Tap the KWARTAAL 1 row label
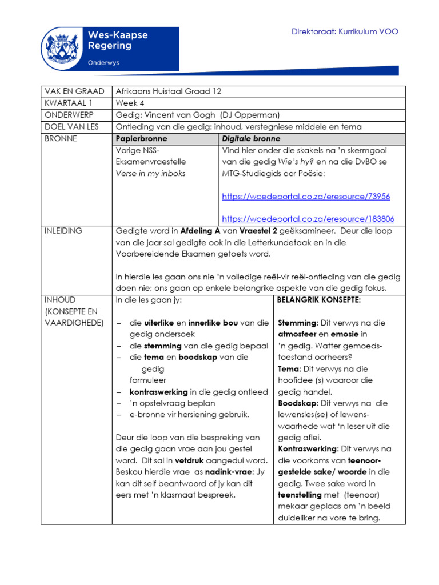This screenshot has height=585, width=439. click(x=68, y=103)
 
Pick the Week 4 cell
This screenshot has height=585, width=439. click(x=130, y=103)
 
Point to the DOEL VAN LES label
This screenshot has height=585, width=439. click(x=71, y=127)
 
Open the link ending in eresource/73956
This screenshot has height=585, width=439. click(x=306, y=197)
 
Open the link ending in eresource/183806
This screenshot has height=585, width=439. click(x=308, y=219)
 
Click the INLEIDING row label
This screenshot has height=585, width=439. click(x=63, y=231)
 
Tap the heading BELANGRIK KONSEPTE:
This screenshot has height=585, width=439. click(x=318, y=300)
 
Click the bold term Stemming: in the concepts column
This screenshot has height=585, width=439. click(x=297, y=323)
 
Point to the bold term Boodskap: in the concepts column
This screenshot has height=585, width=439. click(x=297, y=403)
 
